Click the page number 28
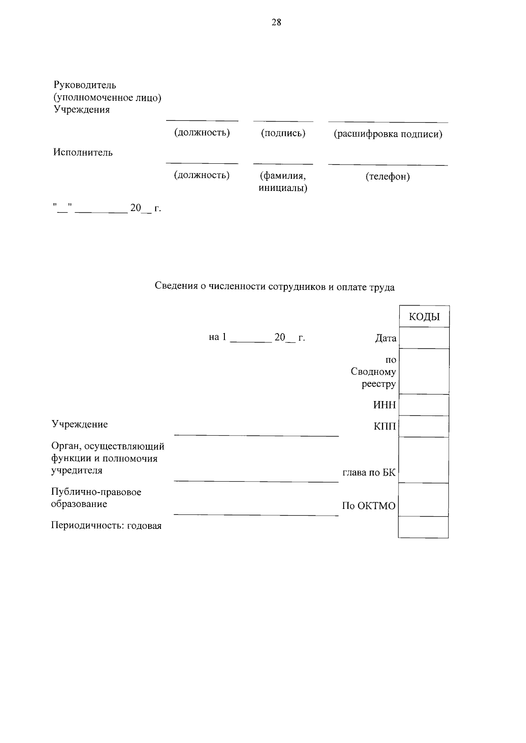coord(276,23)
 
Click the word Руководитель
coord(85,85)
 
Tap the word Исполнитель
coord(83,152)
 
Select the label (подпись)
coord(283,133)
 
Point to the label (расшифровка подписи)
coord(388,134)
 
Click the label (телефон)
coord(387,176)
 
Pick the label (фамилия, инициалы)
coord(283,182)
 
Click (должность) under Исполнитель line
coord(202,175)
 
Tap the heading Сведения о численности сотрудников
coord(275,287)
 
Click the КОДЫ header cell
coord(424,317)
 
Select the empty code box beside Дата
coord(424,338)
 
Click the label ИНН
coord(384,405)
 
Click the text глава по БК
coord(369,473)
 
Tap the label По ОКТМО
coord(369,506)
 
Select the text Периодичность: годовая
coord(106,526)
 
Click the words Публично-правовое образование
coord(96,498)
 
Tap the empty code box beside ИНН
coord(424,405)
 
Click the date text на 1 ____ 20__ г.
coord(257,338)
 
